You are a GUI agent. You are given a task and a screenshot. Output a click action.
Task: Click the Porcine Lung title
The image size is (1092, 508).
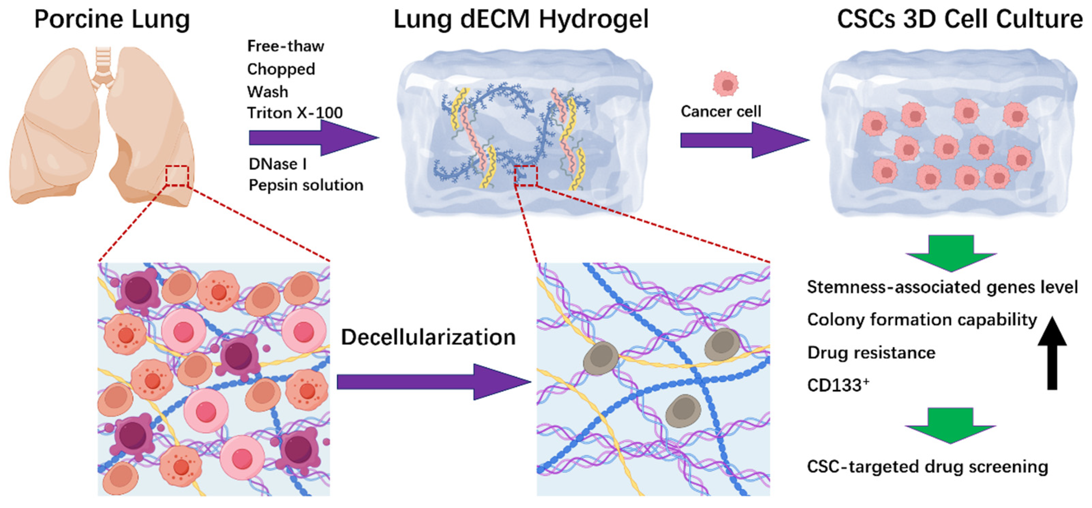[112, 19]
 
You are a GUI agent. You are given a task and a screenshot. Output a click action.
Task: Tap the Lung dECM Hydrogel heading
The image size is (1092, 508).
[521, 19]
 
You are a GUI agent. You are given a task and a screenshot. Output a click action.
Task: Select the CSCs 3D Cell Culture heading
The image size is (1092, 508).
[959, 19]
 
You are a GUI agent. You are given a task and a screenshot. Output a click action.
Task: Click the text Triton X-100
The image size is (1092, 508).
[295, 113]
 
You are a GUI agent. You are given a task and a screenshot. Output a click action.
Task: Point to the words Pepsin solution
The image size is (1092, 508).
[306, 186]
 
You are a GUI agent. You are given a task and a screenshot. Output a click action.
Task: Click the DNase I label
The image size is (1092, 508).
[278, 164]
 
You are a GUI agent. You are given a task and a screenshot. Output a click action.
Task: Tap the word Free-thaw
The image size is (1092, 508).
[285, 46]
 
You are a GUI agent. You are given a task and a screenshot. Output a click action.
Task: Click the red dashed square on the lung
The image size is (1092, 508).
[177, 176]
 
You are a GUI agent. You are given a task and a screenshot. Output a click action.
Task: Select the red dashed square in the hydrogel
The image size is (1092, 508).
[526, 176]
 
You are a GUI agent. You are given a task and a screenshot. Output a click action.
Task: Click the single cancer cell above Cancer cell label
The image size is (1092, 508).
[726, 83]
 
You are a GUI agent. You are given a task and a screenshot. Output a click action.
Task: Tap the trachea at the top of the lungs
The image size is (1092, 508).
[103, 64]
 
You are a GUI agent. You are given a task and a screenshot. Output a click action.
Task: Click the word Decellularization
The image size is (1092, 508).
[428, 337]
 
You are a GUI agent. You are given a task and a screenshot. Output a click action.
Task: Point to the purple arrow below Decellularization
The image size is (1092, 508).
[432, 382]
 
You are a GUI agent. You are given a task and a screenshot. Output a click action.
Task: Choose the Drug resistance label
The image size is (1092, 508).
[871, 353]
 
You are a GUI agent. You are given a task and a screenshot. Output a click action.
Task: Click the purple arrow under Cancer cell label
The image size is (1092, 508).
[744, 140]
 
